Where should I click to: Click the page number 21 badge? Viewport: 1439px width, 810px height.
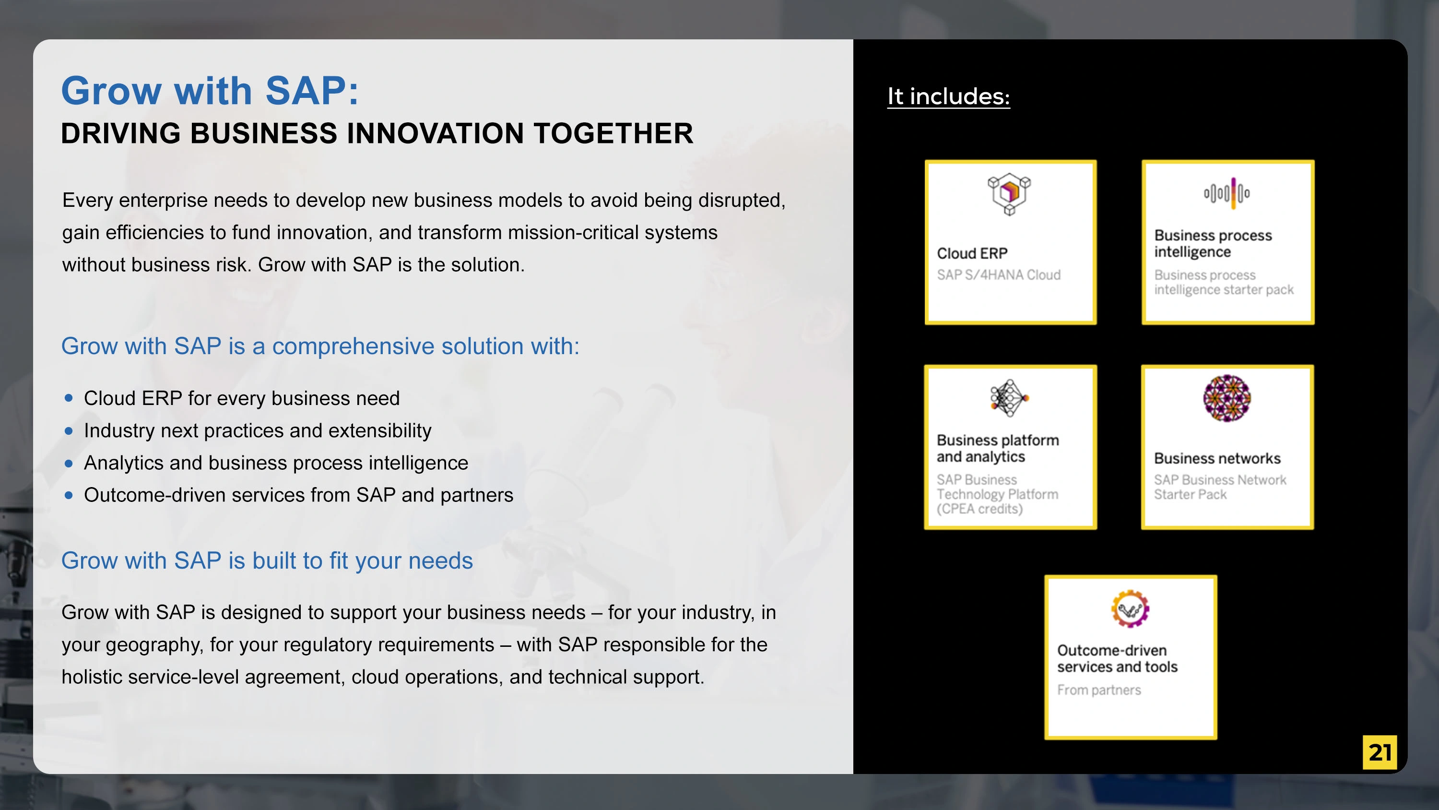pyautogui.click(x=1379, y=752)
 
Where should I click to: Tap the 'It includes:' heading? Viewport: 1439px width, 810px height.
pyautogui.click(x=948, y=96)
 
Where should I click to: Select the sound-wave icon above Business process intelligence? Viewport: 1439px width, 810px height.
pyautogui.click(x=1227, y=193)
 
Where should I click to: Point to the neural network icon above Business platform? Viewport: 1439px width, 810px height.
pyautogui.click(x=1009, y=398)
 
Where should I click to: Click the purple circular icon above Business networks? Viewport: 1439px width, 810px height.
pyautogui.click(x=1227, y=398)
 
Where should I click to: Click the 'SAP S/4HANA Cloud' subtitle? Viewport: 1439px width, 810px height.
pyautogui.click(x=999, y=275)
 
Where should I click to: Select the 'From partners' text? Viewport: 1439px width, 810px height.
pyautogui.click(x=1099, y=691)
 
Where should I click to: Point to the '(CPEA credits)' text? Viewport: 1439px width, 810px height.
pyautogui.click(x=980, y=509)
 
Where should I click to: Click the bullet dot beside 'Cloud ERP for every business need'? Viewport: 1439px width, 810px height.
pyautogui.click(x=69, y=398)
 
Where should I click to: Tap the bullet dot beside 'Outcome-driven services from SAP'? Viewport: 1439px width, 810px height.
pyautogui.click(x=69, y=495)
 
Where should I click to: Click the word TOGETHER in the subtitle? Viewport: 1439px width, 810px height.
pyautogui.click(x=613, y=133)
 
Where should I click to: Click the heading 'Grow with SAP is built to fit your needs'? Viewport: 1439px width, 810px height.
pyautogui.click(x=267, y=560)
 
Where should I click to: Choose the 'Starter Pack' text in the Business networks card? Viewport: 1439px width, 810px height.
pyautogui.click(x=1191, y=495)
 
